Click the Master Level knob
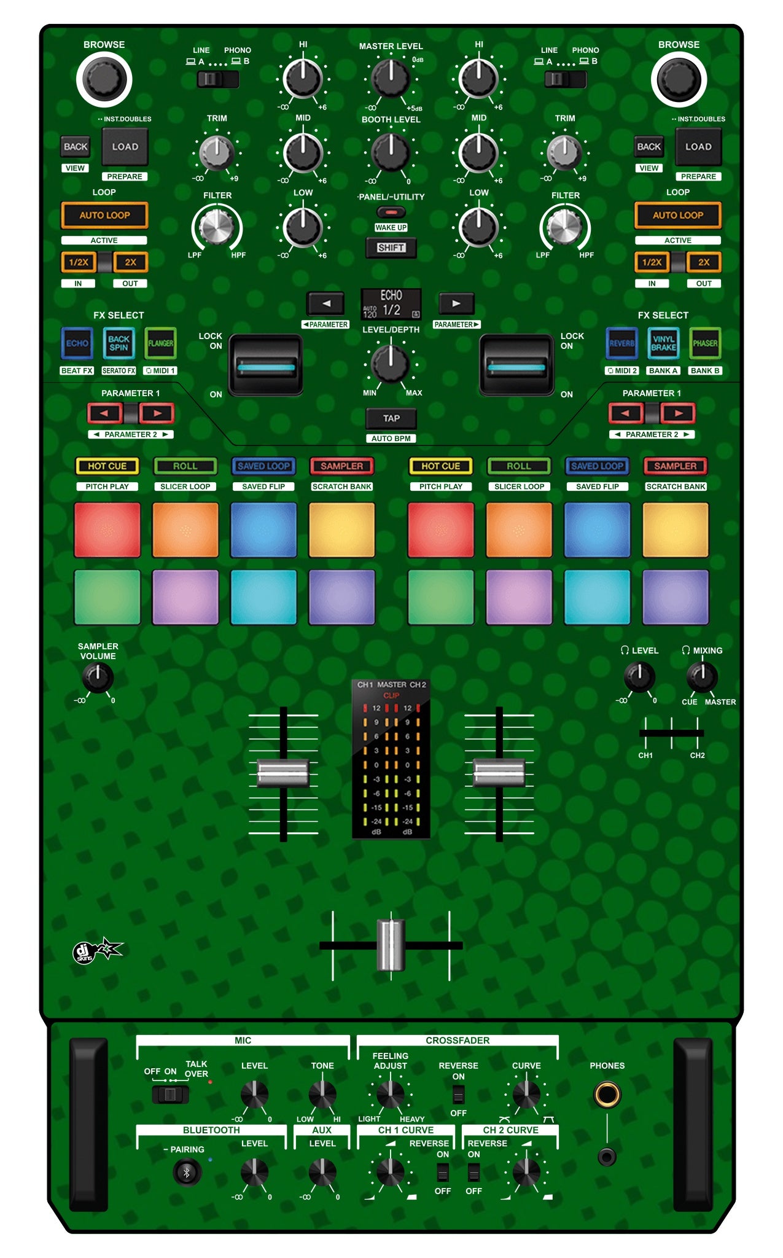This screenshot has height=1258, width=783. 391,79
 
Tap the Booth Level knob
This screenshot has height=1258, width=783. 391,152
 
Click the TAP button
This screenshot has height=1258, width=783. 391,418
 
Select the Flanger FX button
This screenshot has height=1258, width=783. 160,343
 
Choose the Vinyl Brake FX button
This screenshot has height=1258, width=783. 663,343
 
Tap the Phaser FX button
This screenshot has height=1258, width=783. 705,343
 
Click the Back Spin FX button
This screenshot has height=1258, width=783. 119,343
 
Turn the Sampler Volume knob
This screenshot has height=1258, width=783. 98,678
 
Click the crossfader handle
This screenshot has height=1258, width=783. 391,945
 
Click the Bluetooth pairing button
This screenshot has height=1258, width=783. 187,1172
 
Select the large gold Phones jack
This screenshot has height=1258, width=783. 607,1095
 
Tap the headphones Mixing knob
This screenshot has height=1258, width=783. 702,677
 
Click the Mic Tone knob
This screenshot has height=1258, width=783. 322,1094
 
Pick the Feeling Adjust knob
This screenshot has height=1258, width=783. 390,1094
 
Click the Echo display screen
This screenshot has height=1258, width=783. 391,304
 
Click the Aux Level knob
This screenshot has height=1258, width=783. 322,1172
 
